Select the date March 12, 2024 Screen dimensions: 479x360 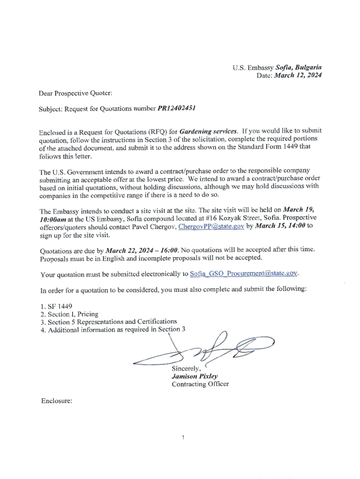(x=297, y=75)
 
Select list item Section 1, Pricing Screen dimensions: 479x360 (x=70, y=314)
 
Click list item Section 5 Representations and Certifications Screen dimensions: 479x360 (x=109, y=321)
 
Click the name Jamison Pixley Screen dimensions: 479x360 (x=192, y=376)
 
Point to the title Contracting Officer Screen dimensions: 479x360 (x=200, y=384)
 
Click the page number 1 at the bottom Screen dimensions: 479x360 (x=184, y=437)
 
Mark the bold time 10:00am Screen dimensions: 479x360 (x=53, y=218)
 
